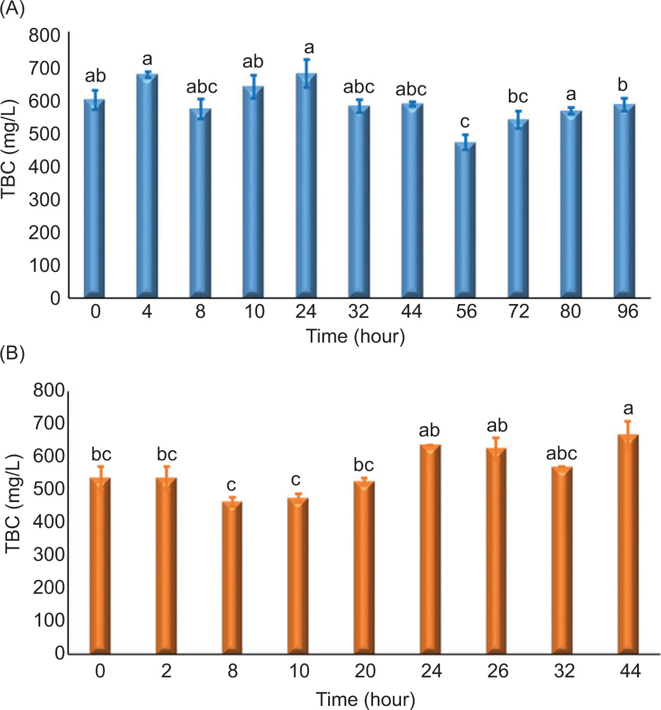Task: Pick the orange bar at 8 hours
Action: tap(232, 577)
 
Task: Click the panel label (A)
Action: tap(12, 9)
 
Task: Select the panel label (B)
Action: tap(12, 353)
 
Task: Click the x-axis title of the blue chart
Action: tap(356, 336)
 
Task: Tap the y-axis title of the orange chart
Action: tap(13, 504)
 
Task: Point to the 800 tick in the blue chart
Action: tap(44, 36)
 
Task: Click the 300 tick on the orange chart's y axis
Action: tap(49, 554)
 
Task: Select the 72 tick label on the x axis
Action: tap(518, 312)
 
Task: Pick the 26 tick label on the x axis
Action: tap(498, 671)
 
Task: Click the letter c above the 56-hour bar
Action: tap(465, 122)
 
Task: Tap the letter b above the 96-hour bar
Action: tap(623, 85)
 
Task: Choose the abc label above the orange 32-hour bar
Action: tap(561, 453)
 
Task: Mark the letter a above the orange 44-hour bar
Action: tap(628, 408)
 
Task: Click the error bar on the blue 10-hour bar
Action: tap(254, 86)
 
